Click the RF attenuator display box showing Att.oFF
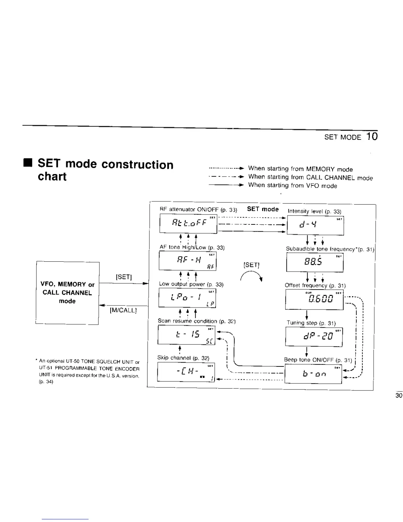pos(188,223)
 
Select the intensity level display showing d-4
pos(315,225)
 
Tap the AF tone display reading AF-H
pos(187,261)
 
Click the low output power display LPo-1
pos(187,298)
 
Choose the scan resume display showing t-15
pos(186,335)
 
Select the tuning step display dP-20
pos(314,337)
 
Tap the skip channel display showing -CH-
pos(186,372)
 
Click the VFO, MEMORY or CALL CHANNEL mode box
pos(67,293)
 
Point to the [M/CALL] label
pos(123,310)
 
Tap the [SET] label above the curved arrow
pos(252,265)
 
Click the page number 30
pos(399,395)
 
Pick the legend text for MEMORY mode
pos(300,169)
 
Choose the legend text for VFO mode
pos(292,186)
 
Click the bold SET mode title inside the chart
pos(263,209)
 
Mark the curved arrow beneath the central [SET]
pos(251,276)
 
